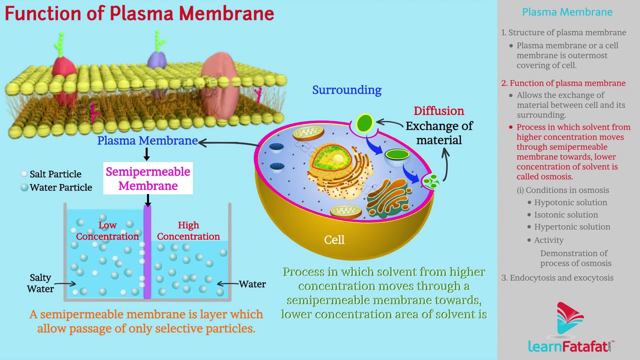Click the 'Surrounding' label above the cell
346,90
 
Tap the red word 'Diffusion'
438,111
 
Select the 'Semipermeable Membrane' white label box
148,178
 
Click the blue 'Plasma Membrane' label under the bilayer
147,140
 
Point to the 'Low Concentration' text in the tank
107,230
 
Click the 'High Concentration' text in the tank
188,230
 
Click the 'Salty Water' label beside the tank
40,283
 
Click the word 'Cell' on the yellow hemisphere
334,240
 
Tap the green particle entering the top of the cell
364,122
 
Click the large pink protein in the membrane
221,85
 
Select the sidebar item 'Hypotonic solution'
570,202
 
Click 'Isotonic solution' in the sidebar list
566,214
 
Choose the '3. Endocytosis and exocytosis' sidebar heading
557,278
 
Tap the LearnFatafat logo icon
569,319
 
